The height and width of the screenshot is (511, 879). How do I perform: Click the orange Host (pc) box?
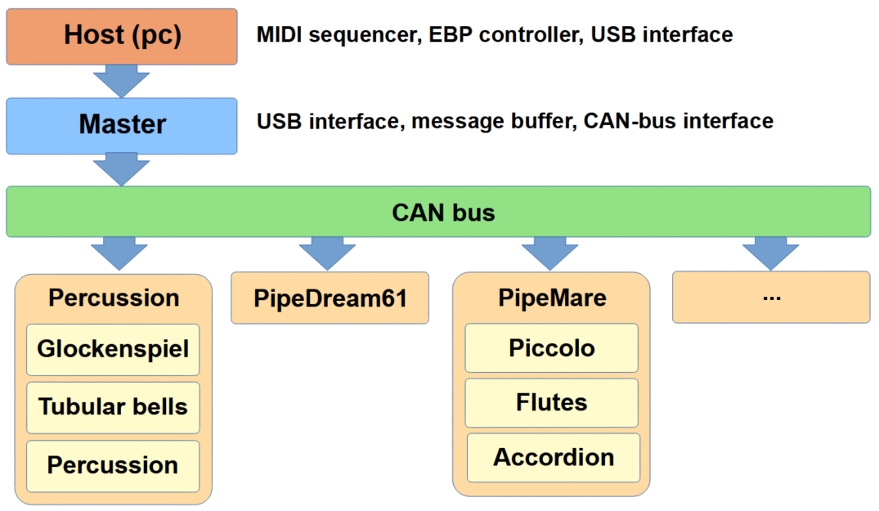122,36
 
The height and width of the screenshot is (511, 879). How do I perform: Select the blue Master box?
122,125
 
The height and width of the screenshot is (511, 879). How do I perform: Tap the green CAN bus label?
443,213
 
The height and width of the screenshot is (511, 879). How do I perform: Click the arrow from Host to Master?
121,82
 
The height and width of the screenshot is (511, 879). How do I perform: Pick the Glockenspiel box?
113,349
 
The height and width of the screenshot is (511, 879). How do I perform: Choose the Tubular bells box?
113,406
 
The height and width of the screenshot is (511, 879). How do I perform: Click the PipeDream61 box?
330,298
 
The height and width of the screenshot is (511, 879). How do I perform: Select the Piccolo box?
551,347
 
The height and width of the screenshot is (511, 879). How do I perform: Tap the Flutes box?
551,402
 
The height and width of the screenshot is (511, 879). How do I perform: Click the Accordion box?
553,457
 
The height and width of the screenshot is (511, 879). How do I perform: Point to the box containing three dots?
770,297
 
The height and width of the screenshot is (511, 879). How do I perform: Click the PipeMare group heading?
552,298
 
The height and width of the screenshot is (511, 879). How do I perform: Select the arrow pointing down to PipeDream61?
327,253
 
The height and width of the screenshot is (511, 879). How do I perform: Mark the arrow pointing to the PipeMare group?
549,253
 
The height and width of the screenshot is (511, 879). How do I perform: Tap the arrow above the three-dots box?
770,253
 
